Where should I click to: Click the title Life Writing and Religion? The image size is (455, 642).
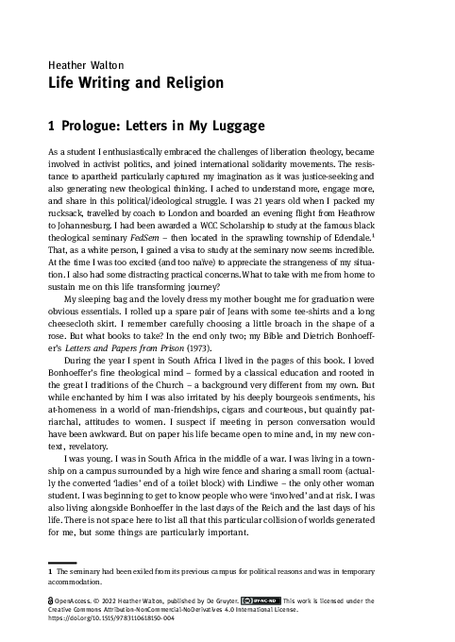pos(135,83)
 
